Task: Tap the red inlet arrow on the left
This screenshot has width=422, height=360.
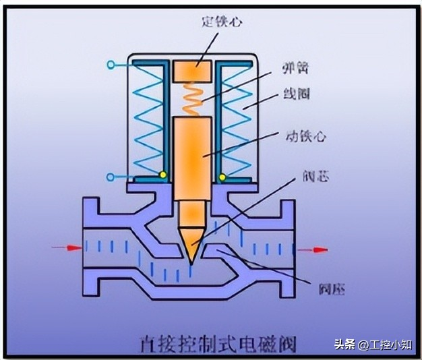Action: pyautogui.click(x=65, y=248)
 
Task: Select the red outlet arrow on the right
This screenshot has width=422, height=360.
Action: pyautogui.click(x=313, y=249)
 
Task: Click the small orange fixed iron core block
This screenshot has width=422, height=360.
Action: pyautogui.click(x=193, y=71)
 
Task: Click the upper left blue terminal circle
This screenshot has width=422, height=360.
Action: pyautogui.click(x=109, y=65)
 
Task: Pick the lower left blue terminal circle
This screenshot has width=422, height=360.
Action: pyautogui.click(x=109, y=177)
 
